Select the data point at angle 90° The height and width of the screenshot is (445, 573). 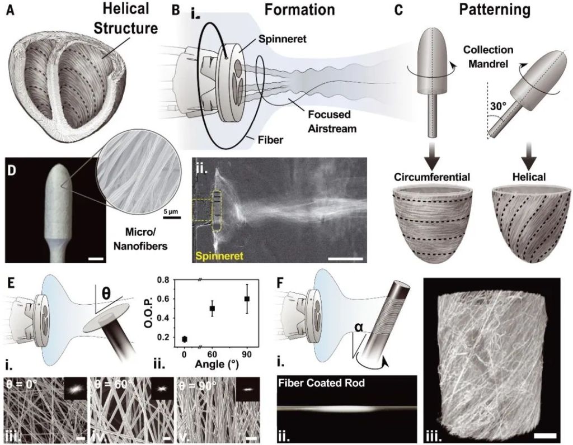(x=246, y=299)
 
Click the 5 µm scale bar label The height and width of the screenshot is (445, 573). (x=172, y=212)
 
